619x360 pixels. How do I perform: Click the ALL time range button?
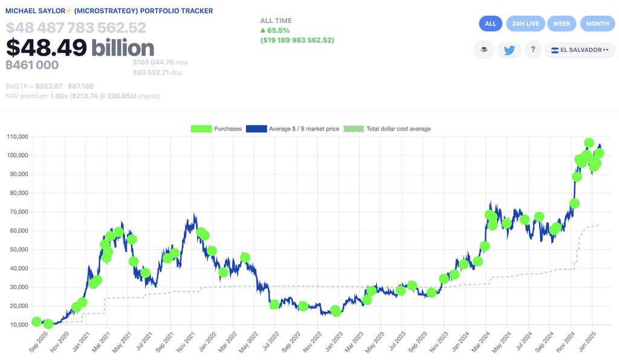point(490,24)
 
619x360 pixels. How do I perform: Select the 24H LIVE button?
point(524,24)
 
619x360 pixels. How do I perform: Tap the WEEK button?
point(562,24)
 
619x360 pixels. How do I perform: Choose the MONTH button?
point(597,24)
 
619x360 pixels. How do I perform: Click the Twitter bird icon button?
point(509,50)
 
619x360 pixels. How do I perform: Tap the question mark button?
point(533,50)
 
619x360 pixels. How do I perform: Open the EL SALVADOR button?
point(576,50)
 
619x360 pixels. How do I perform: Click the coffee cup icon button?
point(484,50)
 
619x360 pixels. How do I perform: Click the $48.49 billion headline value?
point(80,48)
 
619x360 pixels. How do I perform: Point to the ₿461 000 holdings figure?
point(32,65)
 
